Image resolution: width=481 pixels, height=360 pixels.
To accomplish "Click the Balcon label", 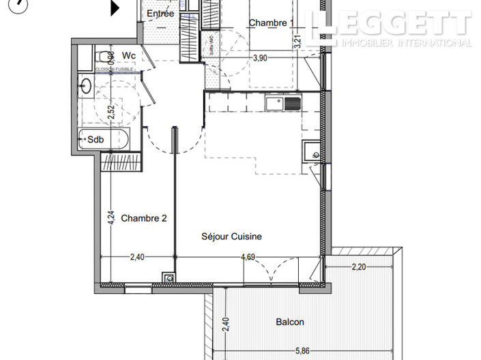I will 290,322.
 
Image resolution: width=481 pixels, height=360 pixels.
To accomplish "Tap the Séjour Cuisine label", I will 231,237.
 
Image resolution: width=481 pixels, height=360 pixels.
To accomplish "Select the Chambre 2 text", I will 144,218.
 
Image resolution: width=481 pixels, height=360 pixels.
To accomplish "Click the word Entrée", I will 161,14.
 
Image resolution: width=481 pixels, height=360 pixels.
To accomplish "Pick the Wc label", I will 128,55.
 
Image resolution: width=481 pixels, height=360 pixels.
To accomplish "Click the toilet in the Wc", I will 104,56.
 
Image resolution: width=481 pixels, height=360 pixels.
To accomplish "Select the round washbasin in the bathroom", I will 86,86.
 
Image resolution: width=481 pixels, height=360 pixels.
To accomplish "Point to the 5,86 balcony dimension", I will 302,350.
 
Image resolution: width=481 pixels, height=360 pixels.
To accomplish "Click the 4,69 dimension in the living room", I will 248,257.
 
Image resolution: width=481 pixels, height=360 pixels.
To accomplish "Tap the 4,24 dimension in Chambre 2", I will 110,217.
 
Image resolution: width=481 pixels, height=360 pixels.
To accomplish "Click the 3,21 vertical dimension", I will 297,40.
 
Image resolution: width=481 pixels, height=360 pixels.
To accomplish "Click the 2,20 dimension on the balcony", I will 360,267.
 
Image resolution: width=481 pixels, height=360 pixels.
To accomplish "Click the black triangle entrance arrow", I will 115,7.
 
